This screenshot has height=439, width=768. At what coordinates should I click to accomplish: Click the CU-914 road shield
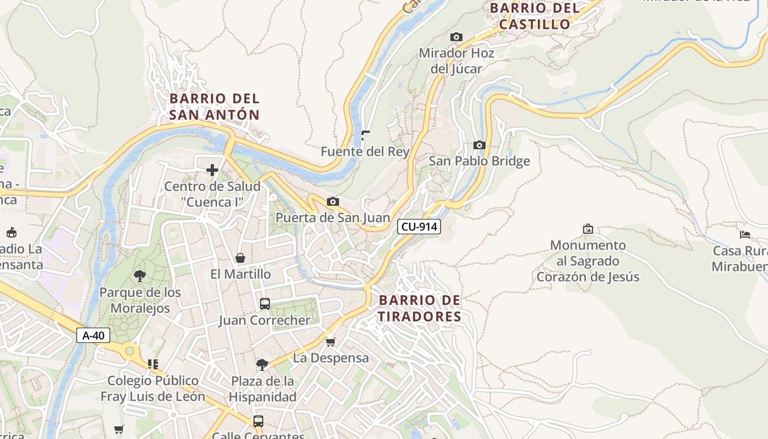coord(419,226)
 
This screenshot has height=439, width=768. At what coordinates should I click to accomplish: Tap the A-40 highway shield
coord(93,335)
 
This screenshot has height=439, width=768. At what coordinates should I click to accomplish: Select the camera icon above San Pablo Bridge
coord(479,145)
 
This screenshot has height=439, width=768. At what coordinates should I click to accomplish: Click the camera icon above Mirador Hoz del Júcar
coord(456,37)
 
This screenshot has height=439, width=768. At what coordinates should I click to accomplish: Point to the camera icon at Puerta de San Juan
coord(332,201)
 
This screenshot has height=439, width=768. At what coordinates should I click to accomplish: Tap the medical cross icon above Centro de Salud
coord(212,170)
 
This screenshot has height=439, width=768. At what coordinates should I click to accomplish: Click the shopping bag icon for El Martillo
coord(240,258)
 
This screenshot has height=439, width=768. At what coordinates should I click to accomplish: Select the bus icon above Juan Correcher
coord(265,303)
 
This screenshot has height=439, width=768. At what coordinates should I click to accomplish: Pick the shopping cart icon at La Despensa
coord(330,342)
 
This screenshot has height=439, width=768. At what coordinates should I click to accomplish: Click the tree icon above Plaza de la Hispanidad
coord(262,364)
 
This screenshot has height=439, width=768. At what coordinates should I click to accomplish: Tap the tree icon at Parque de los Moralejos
coord(140,276)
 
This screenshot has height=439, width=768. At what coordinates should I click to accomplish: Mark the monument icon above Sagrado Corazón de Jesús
coord(588,228)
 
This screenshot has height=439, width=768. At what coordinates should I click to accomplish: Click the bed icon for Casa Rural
coord(744,235)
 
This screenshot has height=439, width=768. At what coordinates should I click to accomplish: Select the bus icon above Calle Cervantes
coord(258,421)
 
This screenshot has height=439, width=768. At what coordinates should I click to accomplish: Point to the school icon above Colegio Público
coord(153,364)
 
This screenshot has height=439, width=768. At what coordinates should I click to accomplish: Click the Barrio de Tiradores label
coord(420,308)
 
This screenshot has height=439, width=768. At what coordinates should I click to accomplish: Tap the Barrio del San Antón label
coord(214,106)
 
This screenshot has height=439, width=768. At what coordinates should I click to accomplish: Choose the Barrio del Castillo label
coord(535,16)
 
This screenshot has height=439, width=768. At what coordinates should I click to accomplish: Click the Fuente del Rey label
coord(365,151)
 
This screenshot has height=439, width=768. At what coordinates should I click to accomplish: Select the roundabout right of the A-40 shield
coord(129,350)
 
